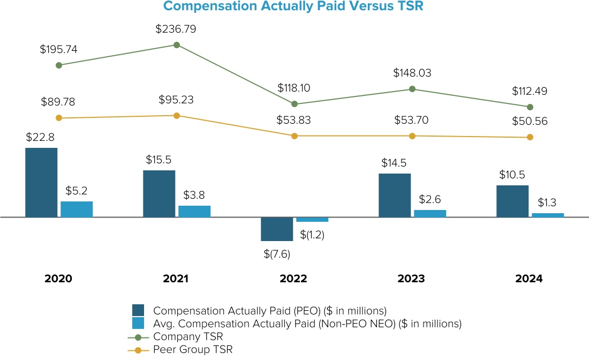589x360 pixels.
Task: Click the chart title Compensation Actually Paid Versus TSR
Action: [x=294, y=6]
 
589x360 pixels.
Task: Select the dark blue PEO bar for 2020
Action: [x=41, y=182]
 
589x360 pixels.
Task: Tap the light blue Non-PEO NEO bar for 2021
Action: [x=194, y=211]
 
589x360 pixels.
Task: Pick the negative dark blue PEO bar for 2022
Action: [x=277, y=229]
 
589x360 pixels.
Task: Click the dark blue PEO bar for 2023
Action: [x=395, y=195]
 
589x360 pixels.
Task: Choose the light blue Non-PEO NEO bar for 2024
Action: [x=548, y=215]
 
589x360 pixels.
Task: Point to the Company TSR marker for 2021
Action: [x=177, y=45]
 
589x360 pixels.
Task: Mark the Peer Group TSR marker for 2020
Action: [x=59, y=118]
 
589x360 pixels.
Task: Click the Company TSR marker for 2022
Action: [x=294, y=103]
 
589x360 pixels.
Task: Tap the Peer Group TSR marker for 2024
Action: [x=530, y=137]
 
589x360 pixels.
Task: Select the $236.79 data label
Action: [x=176, y=29]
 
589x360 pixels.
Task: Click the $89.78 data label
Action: [x=58, y=102]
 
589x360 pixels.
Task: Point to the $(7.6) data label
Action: [x=277, y=254]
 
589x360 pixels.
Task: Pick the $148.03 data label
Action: [x=412, y=73]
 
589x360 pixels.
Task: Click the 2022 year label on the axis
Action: [x=293, y=279]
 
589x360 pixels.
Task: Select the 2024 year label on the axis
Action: [x=529, y=279]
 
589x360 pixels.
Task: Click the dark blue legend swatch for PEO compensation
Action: [x=139, y=311]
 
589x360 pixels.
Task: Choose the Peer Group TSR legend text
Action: [x=193, y=349]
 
